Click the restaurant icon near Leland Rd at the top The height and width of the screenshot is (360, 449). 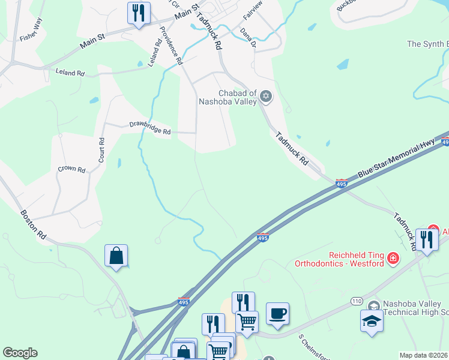[x=139, y=13]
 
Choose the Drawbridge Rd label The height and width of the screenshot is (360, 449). [x=150, y=128]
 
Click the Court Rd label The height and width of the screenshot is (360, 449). [x=101, y=150]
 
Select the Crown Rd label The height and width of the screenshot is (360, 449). [x=71, y=169]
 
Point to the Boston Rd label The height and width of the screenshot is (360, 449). [x=33, y=225]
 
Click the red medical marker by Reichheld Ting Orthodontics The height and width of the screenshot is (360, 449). [x=393, y=259]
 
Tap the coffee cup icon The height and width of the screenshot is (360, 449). [x=277, y=313]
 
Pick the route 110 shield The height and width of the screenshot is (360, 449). [x=357, y=300]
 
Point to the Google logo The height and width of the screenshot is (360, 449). [x=20, y=353]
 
